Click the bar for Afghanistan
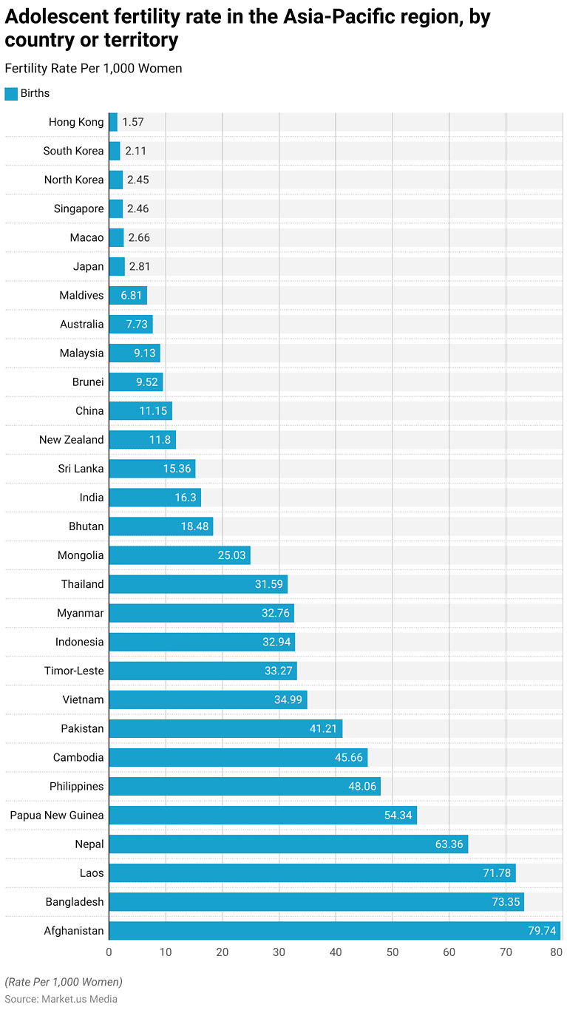(x=334, y=931)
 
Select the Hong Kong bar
(x=113, y=122)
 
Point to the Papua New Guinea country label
(x=57, y=816)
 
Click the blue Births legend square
(x=11, y=94)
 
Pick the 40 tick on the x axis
(x=336, y=952)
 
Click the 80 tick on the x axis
(x=556, y=952)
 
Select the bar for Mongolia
(x=180, y=555)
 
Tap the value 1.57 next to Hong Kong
(x=134, y=122)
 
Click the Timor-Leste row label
(x=74, y=671)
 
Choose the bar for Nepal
(x=288, y=844)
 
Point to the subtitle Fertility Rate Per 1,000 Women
(x=93, y=69)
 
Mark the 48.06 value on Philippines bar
(x=362, y=787)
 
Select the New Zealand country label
(x=72, y=440)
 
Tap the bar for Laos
(x=312, y=873)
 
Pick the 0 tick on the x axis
(x=109, y=952)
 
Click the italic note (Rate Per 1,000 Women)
(x=64, y=983)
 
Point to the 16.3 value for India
(x=186, y=498)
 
